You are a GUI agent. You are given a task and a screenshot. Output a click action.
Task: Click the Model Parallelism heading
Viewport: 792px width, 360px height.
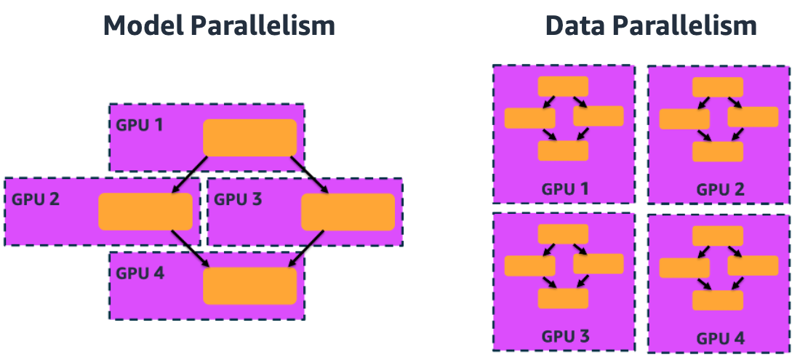tap(219, 26)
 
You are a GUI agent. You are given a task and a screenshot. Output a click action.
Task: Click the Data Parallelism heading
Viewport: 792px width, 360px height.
tap(651, 26)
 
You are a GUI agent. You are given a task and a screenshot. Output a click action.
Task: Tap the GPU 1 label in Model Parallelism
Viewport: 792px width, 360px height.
tap(140, 124)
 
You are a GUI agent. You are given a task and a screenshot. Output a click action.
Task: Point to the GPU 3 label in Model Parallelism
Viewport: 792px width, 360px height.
tap(238, 199)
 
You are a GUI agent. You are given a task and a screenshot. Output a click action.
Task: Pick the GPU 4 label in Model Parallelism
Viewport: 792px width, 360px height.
tap(140, 273)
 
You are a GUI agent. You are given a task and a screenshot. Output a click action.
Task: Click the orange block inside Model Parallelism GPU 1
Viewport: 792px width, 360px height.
tap(249, 137)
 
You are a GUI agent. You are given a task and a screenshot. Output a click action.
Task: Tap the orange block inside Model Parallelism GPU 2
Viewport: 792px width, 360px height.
tap(145, 212)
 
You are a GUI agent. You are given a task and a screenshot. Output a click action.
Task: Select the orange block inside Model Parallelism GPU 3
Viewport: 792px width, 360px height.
tap(348, 212)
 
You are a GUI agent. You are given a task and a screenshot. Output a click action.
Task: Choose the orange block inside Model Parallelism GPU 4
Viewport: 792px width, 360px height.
tap(249, 286)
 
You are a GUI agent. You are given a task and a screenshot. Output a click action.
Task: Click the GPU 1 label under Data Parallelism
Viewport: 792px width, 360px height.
tap(564, 189)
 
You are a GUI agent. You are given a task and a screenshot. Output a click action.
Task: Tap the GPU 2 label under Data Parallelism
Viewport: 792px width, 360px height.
tap(720, 190)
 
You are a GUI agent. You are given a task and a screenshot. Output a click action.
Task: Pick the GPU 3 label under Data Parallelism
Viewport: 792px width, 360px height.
tap(564, 337)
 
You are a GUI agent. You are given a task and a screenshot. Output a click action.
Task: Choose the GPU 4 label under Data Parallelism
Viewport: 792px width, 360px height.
tap(720, 338)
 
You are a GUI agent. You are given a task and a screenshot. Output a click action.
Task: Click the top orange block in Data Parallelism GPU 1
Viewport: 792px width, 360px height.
tap(563, 86)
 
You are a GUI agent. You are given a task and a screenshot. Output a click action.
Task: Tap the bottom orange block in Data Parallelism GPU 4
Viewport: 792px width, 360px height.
tap(718, 300)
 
